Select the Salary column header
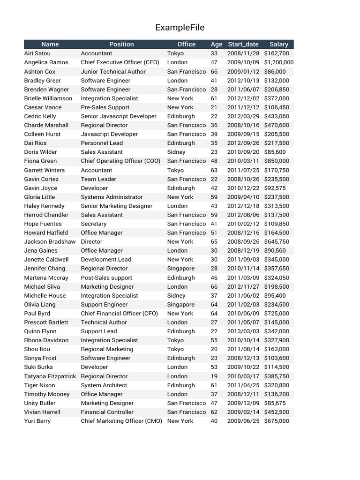click(278, 44)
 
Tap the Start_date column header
click(243, 44)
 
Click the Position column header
click(121, 44)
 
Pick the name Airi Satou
click(37, 53)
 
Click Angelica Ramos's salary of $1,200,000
click(279, 62)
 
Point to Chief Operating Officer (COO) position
click(121, 161)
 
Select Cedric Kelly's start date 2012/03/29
click(243, 116)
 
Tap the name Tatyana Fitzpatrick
click(50, 376)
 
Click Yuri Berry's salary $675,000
click(277, 421)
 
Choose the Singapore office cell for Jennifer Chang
click(181, 269)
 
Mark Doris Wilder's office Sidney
click(176, 152)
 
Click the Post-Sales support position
click(106, 277)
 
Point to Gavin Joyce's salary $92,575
click(275, 188)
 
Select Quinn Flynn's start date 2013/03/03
click(243, 331)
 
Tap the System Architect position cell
click(104, 385)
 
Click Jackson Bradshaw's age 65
click(214, 242)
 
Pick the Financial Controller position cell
click(107, 412)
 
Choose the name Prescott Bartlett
click(46, 322)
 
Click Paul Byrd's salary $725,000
click(277, 314)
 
